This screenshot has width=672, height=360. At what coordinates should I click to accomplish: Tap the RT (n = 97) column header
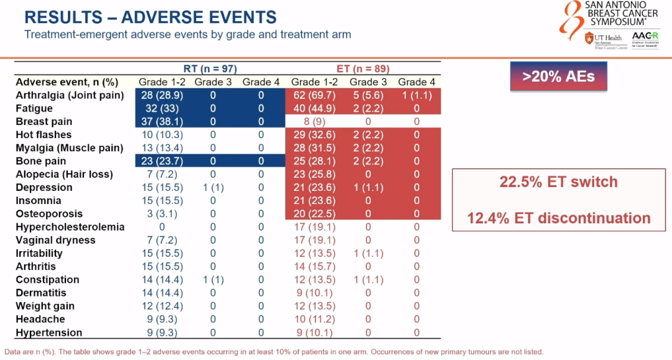pyautogui.click(x=210, y=68)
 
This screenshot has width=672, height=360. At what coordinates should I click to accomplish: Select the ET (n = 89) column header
pyautogui.click(x=363, y=68)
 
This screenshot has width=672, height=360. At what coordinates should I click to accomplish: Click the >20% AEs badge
pyautogui.click(x=558, y=77)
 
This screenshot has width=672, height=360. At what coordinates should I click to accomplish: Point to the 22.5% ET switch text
pyautogui.click(x=558, y=182)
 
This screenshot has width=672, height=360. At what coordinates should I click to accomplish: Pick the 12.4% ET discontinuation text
pyautogui.click(x=558, y=218)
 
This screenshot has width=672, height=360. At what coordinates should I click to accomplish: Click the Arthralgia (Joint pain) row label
pyautogui.click(x=70, y=95)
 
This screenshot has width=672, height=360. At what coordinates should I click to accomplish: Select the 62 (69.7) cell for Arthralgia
pyautogui.click(x=314, y=95)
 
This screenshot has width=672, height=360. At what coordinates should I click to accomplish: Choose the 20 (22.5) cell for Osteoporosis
pyautogui.click(x=314, y=214)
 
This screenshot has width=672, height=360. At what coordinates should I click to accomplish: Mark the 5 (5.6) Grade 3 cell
pyautogui.click(x=368, y=95)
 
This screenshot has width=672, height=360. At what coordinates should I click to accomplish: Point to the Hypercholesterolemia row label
pyautogui.click(x=70, y=227)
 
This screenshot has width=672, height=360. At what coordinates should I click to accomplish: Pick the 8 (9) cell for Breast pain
pyautogui.click(x=314, y=122)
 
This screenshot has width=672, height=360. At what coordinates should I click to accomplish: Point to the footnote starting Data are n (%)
pyautogui.click(x=274, y=352)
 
